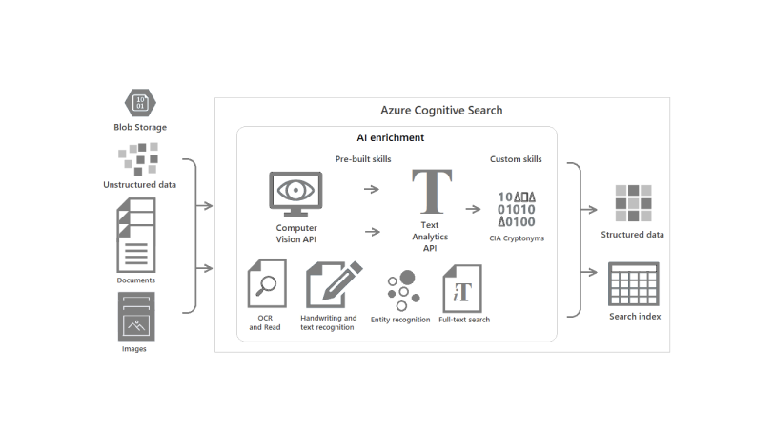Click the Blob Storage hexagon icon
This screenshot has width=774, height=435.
[x=139, y=101]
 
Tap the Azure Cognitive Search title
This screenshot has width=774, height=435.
[x=441, y=111]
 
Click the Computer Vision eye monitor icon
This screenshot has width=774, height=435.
[x=297, y=194]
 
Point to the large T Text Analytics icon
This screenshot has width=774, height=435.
[x=429, y=191]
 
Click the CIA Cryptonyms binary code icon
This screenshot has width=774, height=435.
[x=517, y=209]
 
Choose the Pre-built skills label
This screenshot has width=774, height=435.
[x=363, y=159]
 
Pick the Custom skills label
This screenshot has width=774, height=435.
[x=516, y=159]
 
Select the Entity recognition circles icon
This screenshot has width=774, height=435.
[x=399, y=288]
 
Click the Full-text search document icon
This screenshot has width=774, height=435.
[x=461, y=288]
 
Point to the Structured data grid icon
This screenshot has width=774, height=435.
[x=632, y=201]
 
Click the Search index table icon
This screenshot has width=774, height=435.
[x=634, y=283]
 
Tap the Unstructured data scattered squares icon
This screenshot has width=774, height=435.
[x=138, y=158]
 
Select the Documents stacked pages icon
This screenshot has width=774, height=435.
[x=135, y=234]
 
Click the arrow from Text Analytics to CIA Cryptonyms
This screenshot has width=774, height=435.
[x=474, y=206]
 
